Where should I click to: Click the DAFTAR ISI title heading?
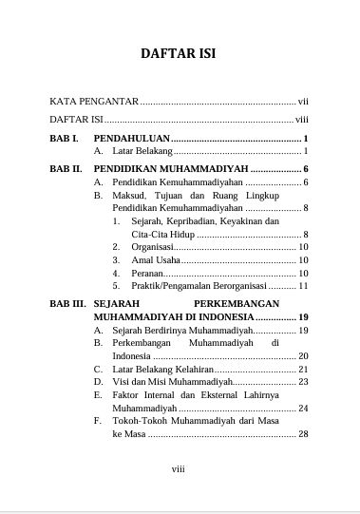click(x=180, y=53)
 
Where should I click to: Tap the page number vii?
click(x=303, y=100)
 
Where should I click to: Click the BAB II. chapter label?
click(x=66, y=168)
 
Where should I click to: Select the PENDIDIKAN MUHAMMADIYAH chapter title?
click(x=170, y=168)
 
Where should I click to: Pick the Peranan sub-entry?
click(x=151, y=273)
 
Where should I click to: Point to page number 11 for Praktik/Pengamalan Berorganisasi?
click(x=303, y=285)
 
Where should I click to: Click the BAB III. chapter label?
click(x=67, y=303)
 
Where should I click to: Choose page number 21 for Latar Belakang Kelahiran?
click(x=303, y=369)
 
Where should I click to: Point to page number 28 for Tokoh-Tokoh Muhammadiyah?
click(x=303, y=434)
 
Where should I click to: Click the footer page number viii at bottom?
click(x=179, y=468)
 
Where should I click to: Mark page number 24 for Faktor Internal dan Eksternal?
click(x=303, y=408)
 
